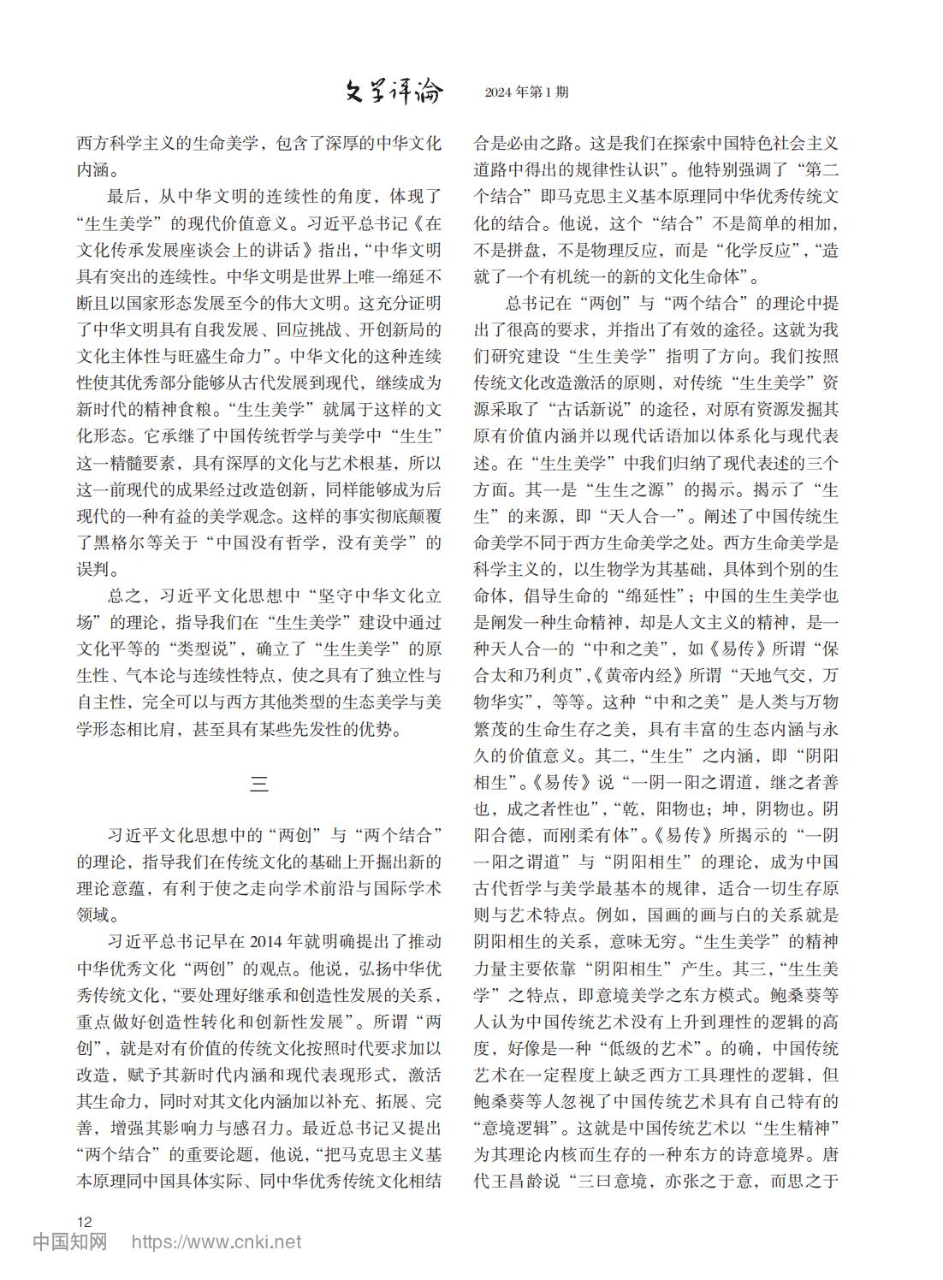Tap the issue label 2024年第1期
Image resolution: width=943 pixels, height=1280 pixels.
pos(525,92)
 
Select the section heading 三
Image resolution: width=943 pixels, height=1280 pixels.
pos(258,782)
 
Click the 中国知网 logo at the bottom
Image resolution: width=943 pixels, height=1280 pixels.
pos(70,1241)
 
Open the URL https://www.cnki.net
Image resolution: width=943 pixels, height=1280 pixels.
pos(216,1241)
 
